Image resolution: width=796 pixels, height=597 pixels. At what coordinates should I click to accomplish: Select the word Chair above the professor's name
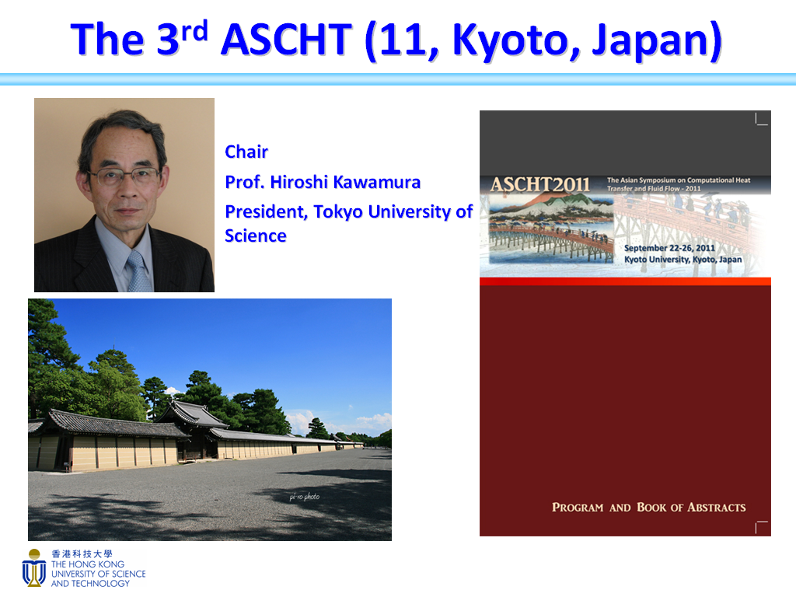(x=246, y=152)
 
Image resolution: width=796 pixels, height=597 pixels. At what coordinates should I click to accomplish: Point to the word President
(x=267, y=211)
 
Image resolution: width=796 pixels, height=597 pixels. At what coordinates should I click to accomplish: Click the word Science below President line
(x=255, y=236)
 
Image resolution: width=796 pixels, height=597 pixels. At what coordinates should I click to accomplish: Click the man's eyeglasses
(x=124, y=176)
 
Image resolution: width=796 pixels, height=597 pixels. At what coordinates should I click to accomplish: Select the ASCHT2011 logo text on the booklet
(x=540, y=185)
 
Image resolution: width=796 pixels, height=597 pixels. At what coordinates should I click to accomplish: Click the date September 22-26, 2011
(x=669, y=248)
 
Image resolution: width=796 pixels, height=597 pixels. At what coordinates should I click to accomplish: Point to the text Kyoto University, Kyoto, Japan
(x=683, y=260)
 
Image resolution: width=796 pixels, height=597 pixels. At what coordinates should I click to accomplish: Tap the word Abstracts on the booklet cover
(x=716, y=507)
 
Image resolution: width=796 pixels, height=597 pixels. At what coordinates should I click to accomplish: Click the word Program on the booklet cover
(x=578, y=507)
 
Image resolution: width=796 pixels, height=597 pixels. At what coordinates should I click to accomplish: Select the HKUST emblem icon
(x=34, y=567)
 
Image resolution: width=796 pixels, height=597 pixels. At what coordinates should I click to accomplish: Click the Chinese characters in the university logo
(x=82, y=553)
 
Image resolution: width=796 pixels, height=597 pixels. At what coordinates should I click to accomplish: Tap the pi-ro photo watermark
(x=305, y=497)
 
